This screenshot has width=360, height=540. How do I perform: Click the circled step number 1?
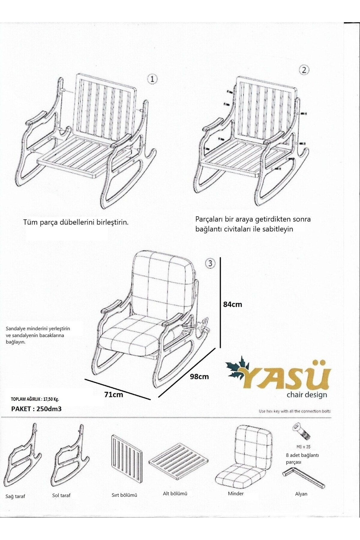pos(152,79)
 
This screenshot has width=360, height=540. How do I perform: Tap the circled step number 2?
pos(304,70)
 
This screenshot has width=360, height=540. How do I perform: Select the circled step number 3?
pos(210,263)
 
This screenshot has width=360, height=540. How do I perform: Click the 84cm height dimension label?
pos(232,304)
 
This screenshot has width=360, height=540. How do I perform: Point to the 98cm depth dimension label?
pos(199,376)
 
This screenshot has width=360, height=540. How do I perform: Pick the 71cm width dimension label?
pos(114,394)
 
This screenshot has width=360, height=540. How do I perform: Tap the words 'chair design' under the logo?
pos(307,394)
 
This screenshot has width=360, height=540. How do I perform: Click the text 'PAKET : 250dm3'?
pos(36,409)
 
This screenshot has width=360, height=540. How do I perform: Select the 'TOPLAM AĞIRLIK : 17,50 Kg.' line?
pos(35,399)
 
